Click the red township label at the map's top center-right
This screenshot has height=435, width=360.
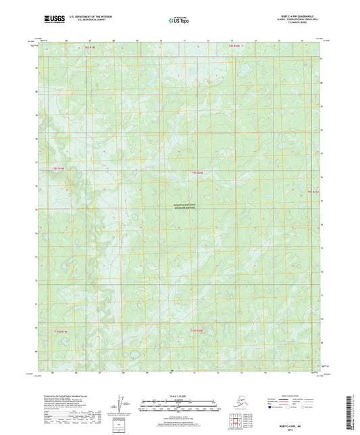point(234,46)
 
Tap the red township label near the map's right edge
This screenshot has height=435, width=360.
point(313,192)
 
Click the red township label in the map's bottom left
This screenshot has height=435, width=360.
point(61,332)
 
